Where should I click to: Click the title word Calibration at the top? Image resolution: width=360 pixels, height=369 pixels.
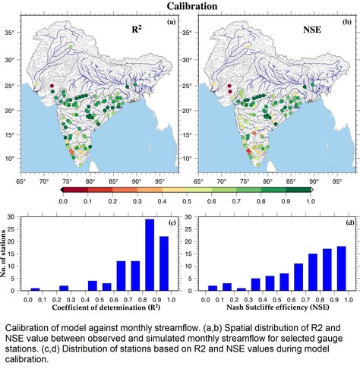tap(192, 6)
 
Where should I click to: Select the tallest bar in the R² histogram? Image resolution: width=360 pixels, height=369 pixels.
tap(150, 255)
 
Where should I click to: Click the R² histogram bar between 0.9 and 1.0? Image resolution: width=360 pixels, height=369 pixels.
tap(164, 263)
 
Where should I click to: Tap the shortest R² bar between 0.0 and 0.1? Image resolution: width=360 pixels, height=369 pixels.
tap(35, 289)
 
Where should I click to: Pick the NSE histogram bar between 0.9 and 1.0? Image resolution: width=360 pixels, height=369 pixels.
tap(342, 269)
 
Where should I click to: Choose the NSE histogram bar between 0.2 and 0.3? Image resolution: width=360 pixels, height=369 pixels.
tap(242, 289)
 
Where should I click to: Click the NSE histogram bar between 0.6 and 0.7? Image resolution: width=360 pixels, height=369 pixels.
tap(298, 277)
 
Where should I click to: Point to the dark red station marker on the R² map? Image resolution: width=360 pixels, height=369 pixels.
tap(52, 86)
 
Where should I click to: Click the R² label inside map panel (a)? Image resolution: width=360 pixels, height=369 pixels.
tap(137, 30)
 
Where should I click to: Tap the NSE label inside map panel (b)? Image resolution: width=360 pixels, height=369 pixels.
tap(312, 30)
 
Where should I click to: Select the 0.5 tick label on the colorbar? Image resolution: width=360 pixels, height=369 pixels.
tap(187, 201)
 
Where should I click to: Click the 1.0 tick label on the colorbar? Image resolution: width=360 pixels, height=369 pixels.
tap(311, 201)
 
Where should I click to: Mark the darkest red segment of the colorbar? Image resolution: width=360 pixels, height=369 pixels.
tap(75, 190)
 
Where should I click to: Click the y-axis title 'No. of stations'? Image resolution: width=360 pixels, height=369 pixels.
tap(3, 254)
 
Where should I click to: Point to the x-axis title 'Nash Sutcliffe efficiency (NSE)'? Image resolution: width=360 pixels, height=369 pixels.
tap(278, 307)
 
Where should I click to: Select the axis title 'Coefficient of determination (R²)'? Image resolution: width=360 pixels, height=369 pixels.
tap(106, 307)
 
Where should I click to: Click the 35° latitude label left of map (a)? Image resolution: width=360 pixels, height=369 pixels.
tap(10, 33)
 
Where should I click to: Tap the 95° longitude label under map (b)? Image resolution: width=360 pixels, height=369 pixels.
tap(337, 181)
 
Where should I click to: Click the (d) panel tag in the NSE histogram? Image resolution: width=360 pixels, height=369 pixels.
tap(350, 222)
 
